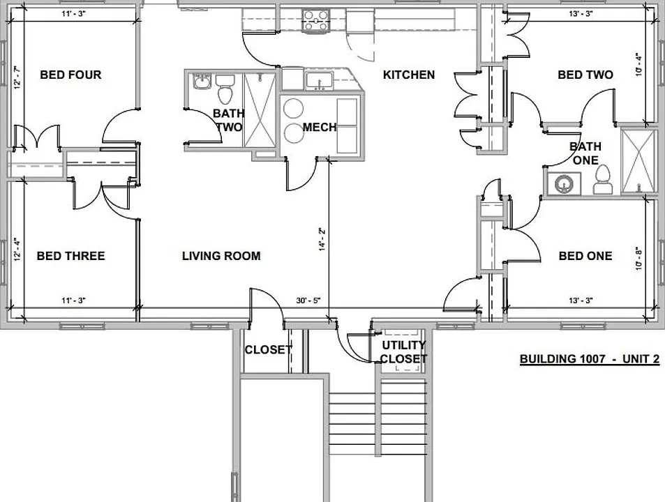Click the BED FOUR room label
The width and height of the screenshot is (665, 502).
pyautogui.click(x=70, y=75)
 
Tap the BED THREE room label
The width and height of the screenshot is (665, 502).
pyautogui.click(x=70, y=256)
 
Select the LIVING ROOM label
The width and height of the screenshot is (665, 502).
pyautogui.click(x=221, y=256)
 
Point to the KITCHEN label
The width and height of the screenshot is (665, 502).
pyautogui.click(x=409, y=75)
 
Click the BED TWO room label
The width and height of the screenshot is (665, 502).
pyautogui.click(x=585, y=75)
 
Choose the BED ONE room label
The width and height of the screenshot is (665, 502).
pyautogui.click(x=585, y=256)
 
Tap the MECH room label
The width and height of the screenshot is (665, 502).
pyautogui.click(x=320, y=127)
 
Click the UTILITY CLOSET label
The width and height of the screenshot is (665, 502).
pyautogui.click(x=403, y=352)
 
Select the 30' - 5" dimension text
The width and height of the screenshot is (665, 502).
pyautogui.click(x=308, y=301)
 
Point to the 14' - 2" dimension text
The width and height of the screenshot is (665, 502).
pyautogui.click(x=322, y=240)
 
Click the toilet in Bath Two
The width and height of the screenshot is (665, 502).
pyautogui.click(x=225, y=89)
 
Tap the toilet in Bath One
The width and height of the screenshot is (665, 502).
pyautogui.click(x=603, y=180)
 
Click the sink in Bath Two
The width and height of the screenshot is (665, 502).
pyautogui.click(x=202, y=82)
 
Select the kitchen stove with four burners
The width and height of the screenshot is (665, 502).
pyautogui.click(x=315, y=21)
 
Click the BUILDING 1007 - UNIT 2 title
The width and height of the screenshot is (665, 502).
pyautogui.click(x=590, y=359)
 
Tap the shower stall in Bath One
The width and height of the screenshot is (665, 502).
pyautogui.click(x=637, y=162)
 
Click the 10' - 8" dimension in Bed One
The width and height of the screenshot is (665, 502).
pyautogui.click(x=639, y=259)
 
